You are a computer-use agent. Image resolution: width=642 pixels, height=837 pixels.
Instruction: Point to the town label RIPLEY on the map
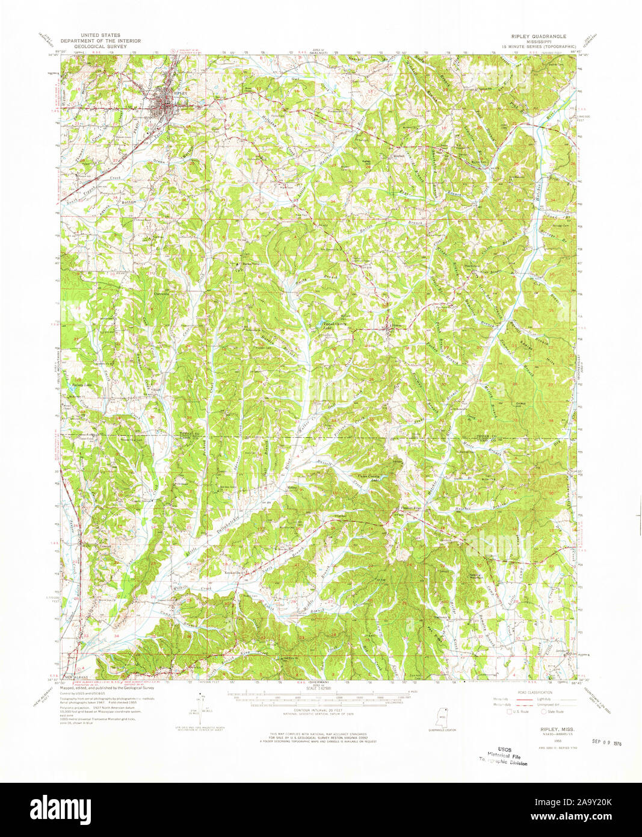pyautogui.click(x=180, y=94)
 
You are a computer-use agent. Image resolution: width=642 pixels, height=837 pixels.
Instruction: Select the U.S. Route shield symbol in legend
pyautogui.click(x=510, y=711)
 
